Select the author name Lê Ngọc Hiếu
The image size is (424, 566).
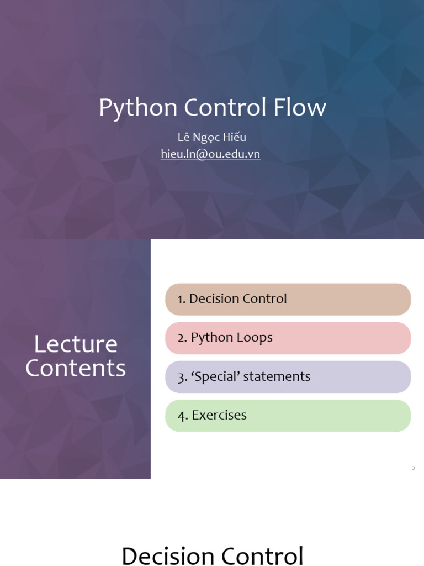[x=211, y=137]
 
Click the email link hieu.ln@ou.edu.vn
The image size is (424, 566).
[x=210, y=154]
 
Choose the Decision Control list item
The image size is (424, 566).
[x=288, y=299]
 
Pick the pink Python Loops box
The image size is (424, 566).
[x=288, y=338]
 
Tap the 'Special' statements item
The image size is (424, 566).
[x=288, y=376]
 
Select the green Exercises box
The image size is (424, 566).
[x=288, y=415]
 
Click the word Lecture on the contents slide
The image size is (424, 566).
[x=76, y=344]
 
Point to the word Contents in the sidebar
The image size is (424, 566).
[x=76, y=368]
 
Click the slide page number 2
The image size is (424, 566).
[x=414, y=469]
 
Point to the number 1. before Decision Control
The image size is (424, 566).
[x=182, y=299]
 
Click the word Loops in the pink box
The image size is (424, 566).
[x=255, y=338]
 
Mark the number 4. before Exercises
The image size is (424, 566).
[x=183, y=416]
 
